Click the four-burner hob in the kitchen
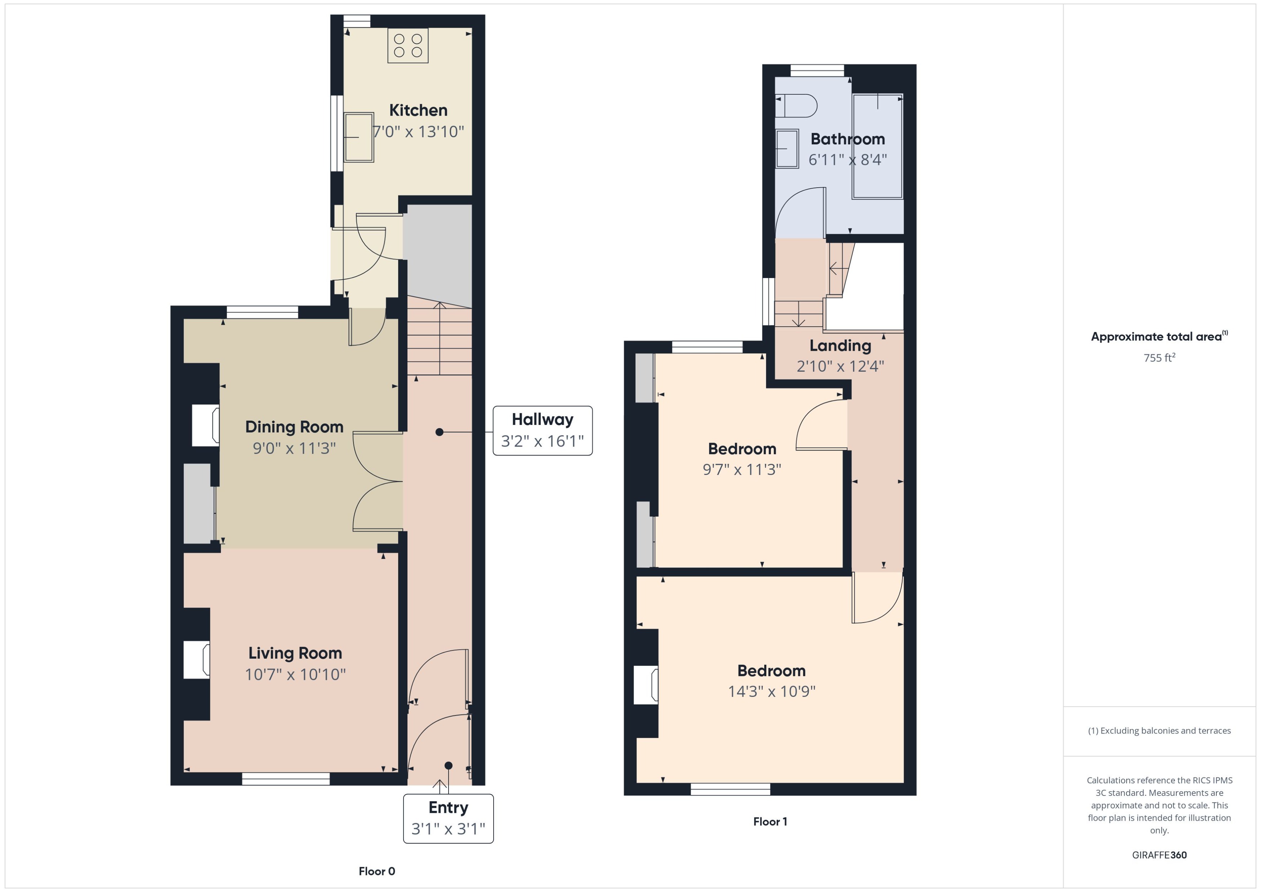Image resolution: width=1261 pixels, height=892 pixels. pos(408,46)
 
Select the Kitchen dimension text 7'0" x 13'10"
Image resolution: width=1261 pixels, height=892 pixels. pos(418,132)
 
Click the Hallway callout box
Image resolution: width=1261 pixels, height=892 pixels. pos(542,431)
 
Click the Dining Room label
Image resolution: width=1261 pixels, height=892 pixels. pos(294,427)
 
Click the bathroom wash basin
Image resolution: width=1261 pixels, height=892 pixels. pos(787,148)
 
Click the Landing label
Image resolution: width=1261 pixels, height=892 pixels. pos(840,345)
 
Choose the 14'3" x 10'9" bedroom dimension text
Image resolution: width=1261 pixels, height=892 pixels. pos(771,691)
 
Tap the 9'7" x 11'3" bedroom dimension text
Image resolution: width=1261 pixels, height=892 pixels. pos(742,469)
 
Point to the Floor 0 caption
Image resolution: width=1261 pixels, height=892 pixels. pos(376,871)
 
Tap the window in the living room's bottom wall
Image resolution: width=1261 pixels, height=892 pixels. pos(286,778)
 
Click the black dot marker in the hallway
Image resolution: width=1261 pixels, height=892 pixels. pos(439,432)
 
